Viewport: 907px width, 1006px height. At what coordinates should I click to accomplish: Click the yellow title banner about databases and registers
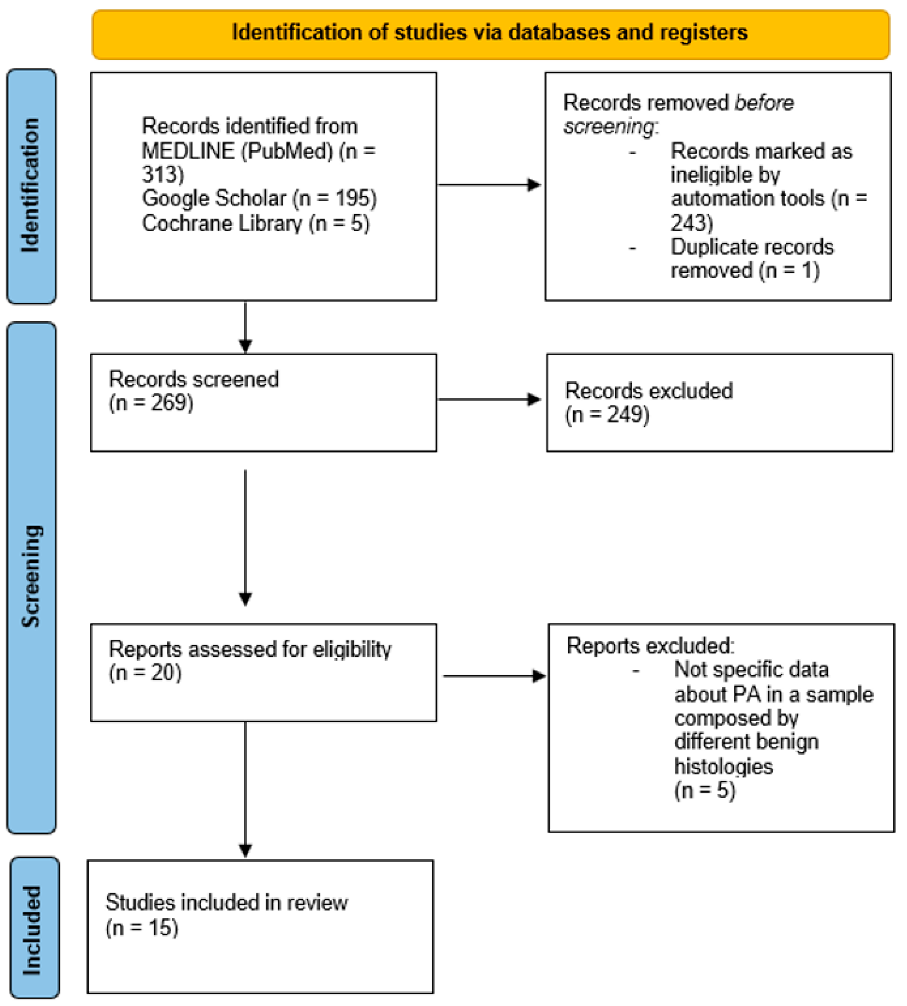click(x=491, y=34)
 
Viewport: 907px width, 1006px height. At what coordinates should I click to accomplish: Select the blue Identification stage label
click(x=31, y=186)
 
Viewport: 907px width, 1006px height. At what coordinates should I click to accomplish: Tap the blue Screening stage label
click(x=31, y=577)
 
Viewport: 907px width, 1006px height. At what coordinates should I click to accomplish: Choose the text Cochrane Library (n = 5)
click(x=256, y=223)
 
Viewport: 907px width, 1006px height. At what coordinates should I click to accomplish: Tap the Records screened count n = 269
click(x=151, y=403)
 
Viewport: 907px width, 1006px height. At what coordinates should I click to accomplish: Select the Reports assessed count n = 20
click(x=145, y=673)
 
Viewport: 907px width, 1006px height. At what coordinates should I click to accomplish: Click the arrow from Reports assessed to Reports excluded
click(x=494, y=676)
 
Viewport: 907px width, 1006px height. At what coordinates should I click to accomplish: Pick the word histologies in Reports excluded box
click(x=723, y=766)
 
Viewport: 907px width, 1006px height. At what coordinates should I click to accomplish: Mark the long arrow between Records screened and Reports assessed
click(x=245, y=538)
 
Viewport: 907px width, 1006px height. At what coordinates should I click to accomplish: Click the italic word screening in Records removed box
click(x=608, y=127)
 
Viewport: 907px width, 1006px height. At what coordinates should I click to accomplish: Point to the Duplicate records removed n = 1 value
click(x=789, y=271)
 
